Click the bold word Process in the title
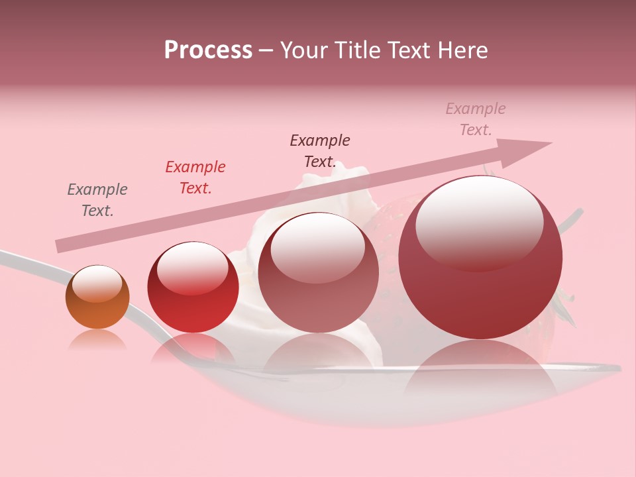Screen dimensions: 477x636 point(208,50)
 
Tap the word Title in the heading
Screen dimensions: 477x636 point(354,50)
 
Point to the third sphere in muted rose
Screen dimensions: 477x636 point(319,278)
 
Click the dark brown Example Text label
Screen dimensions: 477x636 point(320,151)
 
